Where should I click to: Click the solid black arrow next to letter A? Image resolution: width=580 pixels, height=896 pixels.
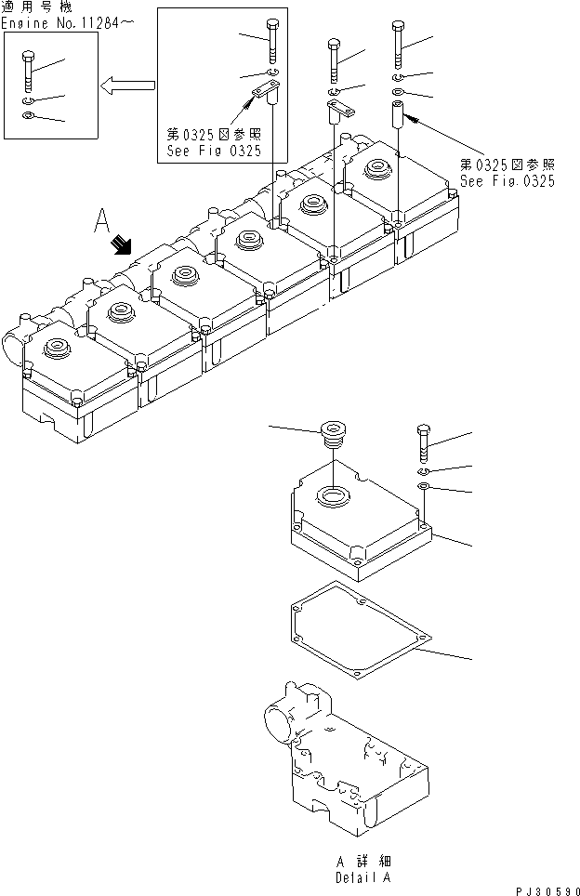[120, 245]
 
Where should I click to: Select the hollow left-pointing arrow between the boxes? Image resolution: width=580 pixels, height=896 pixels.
[126, 86]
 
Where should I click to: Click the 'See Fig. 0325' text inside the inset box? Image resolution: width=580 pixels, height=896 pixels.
[214, 150]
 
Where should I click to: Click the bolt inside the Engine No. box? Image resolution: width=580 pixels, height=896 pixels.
[27, 71]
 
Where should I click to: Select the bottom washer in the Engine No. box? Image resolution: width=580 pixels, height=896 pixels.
[27, 115]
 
